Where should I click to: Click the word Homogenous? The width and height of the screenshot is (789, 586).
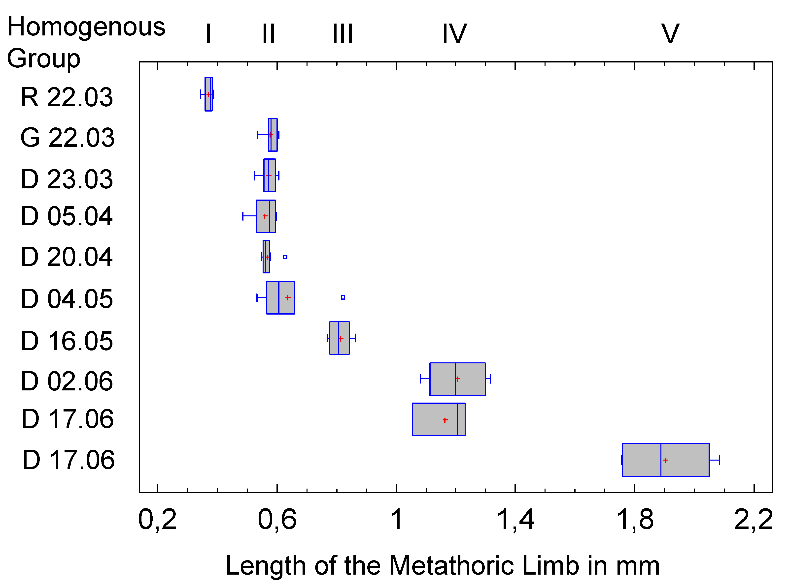tap(86, 27)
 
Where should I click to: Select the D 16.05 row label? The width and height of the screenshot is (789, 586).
tap(67, 341)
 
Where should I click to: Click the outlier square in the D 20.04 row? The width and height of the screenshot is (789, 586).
tap(285, 257)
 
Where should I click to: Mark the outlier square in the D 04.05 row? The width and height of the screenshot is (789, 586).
tap(343, 297)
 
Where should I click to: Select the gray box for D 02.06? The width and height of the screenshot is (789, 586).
tap(457, 379)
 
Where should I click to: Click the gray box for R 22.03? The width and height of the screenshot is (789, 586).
tap(208, 94)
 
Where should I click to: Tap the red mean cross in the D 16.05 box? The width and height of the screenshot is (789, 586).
tap(341, 338)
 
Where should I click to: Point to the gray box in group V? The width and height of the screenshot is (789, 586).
tap(665, 460)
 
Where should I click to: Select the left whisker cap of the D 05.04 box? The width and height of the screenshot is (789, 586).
tap(243, 216)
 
